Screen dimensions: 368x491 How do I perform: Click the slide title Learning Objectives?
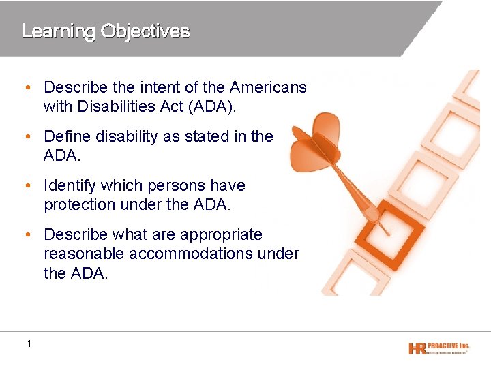[106, 31]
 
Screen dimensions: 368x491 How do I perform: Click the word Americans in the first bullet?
[268, 87]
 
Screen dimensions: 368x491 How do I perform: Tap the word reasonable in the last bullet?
[85, 254]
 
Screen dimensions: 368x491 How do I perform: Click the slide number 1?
[29, 343]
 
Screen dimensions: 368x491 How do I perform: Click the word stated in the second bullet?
[209, 136]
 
